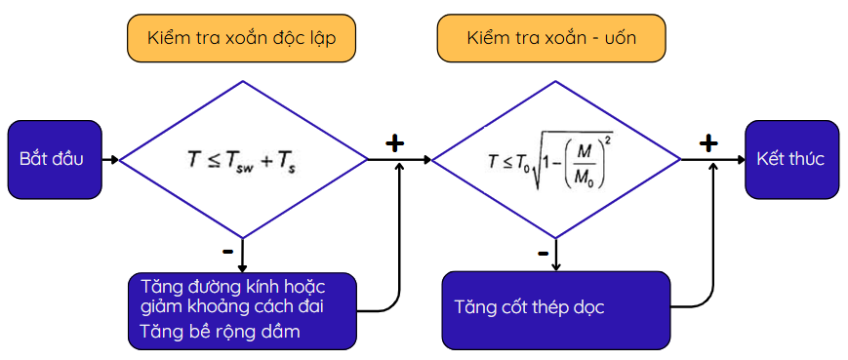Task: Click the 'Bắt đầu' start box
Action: pos(55,159)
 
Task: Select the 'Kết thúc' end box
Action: pos(791,159)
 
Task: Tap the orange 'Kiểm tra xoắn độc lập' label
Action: pos(241,38)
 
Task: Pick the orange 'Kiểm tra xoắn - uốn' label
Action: pos(551,38)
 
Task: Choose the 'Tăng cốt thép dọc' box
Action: pos(556,310)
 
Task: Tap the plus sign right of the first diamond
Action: pos(395,143)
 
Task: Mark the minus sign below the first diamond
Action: pos(227,252)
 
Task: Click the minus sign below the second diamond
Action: pos(543,254)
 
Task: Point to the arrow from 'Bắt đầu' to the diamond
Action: pos(110,160)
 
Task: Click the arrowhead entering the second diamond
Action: pos(427,160)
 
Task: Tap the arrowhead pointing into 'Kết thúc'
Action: pos(741,160)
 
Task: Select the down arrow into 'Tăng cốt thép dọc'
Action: pos(556,255)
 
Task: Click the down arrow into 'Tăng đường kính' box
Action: pos(242,256)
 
